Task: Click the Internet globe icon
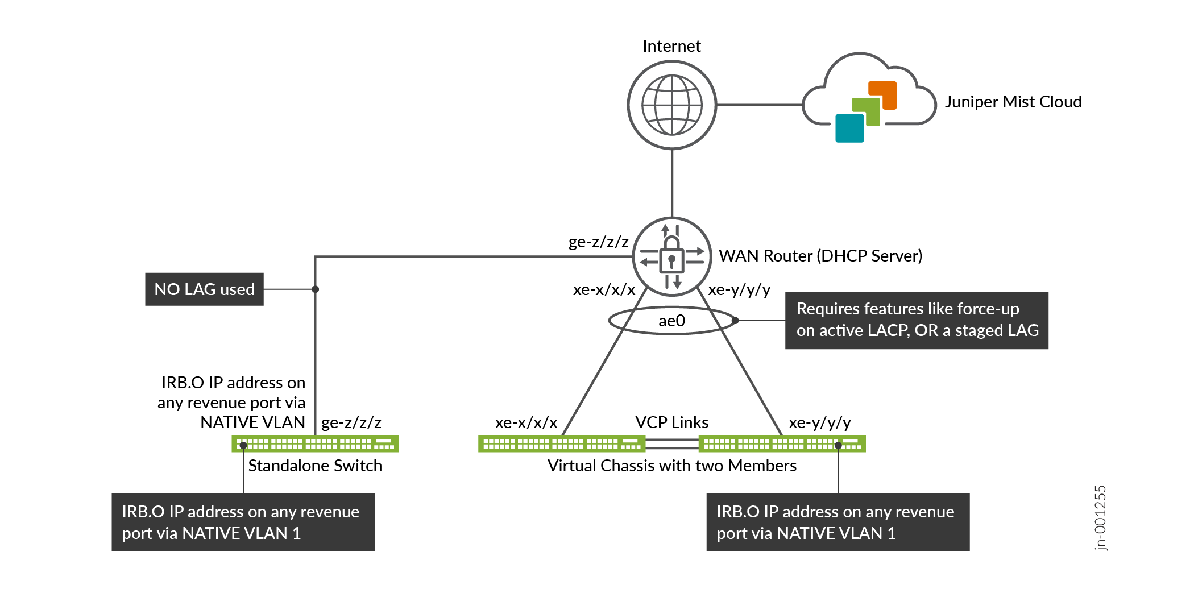click(671, 105)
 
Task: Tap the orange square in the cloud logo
click(882, 95)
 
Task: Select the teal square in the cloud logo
click(849, 128)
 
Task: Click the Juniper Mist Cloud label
click(1013, 102)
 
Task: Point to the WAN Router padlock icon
click(671, 256)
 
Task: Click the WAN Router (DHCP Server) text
click(820, 256)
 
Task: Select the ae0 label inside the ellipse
click(671, 321)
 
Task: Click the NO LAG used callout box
click(204, 289)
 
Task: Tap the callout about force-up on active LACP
click(916, 320)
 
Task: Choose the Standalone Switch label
click(315, 466)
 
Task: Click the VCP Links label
click(671, 422)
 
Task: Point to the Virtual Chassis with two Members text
click(671, 466)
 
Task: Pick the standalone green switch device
click(315, 443)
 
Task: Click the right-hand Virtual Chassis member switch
click(782, 443)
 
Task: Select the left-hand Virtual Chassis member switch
click(562, 443)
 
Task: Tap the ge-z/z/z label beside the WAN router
click(598, 242)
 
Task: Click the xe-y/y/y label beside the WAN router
click(739, 290)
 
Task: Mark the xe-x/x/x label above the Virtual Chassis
click(526, 422)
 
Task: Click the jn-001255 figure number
click(1101, 517)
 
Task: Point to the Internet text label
click(671, 46)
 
